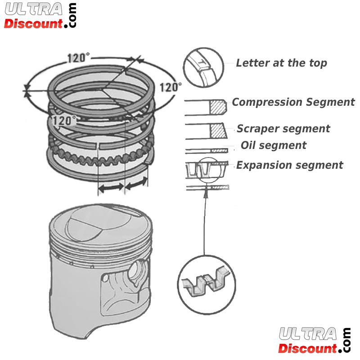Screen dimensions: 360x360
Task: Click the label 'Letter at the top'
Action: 281,63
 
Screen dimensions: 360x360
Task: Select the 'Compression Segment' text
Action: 293,102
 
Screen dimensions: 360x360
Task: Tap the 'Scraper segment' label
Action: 283,129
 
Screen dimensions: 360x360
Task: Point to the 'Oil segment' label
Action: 274,145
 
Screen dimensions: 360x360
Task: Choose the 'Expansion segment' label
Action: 290,165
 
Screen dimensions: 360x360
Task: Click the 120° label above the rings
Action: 78,58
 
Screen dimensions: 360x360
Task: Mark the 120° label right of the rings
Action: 171,87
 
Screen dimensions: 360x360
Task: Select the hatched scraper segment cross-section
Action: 218,130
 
